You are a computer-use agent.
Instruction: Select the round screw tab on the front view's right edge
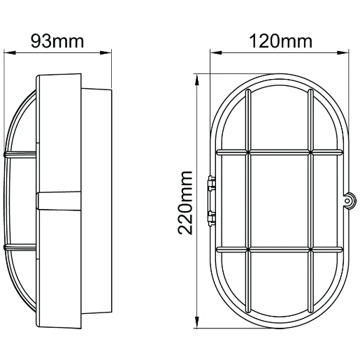pyautogui.click(x=347, y=201)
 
